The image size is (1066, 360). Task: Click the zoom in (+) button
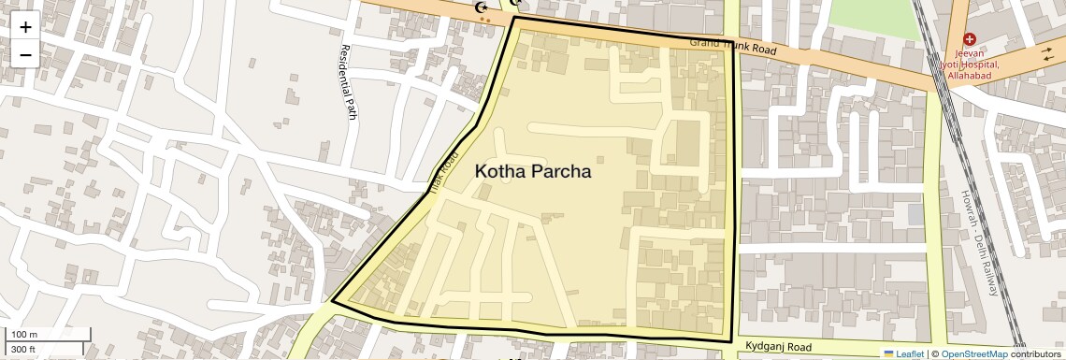coord(25,26)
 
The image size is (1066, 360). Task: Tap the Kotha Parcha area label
coord(533,172)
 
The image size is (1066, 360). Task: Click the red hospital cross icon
coord(970,40)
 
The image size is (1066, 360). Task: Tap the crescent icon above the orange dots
coord(483,7)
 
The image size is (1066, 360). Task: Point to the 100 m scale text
coord(24,335)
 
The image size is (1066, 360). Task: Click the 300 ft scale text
coord(24,350)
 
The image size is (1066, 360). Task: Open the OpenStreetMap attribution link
coord(973,353)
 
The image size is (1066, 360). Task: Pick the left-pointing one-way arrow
coord(1048,59)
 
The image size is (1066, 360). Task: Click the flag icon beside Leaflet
coord(889,353)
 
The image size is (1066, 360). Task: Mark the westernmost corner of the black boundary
coord(332,302)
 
